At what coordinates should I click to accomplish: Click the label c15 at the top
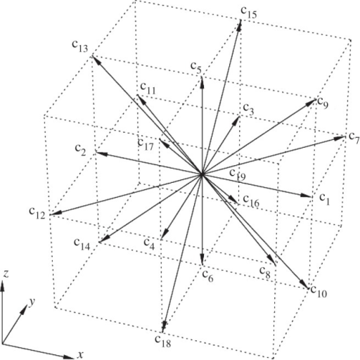tap(248, 13)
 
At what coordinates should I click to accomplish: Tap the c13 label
tap(80, 46)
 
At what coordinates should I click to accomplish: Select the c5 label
tap(196, 67)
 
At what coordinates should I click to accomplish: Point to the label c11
tap(148, 89)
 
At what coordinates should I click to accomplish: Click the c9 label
tap(323, 103)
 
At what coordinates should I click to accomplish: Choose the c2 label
tap(80, 150)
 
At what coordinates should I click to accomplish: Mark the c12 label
tap(37, 213)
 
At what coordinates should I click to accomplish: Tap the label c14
tap(82, 244)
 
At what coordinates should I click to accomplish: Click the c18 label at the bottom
tap(163, 341)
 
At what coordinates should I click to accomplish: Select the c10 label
tap(319, 292)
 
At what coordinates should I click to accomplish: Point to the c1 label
tap(325, 200)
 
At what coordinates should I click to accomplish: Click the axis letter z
tap(5, 274)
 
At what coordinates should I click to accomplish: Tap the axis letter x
tap(80, 355)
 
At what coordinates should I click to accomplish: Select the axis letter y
tap(32, 302)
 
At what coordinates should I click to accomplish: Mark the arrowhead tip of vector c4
tap(162, 240)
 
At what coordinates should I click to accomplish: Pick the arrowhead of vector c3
tap(239, 117)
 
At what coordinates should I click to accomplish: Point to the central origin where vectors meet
tap(202, 174)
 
